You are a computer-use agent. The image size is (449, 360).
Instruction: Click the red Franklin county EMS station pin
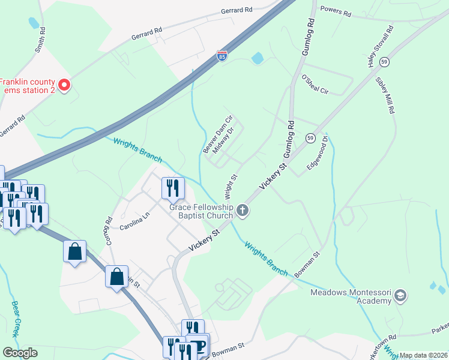pyautogui.click(x=65, y=86)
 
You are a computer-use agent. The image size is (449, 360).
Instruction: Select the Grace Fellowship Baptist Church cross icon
pyautogui.click(x=243, y=209)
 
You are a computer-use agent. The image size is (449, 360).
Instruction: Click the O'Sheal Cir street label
pyautogui.click(x=315, y=85)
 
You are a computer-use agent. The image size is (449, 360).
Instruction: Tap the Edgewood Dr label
pyautogui.click(x=318, y=152)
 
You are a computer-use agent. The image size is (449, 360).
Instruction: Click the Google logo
pyautogui.click(x=20, y=352)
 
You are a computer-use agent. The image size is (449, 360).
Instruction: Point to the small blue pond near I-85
pyautogui.click(x=258, y=58)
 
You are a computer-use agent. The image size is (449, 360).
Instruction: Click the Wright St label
pyautogui.click(x=231, y=187)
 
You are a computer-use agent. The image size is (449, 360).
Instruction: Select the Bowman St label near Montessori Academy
pyautogui.click(x=309, y=267)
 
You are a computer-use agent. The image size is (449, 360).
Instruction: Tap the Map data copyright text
pyautogui.click(x=423, y=355)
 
